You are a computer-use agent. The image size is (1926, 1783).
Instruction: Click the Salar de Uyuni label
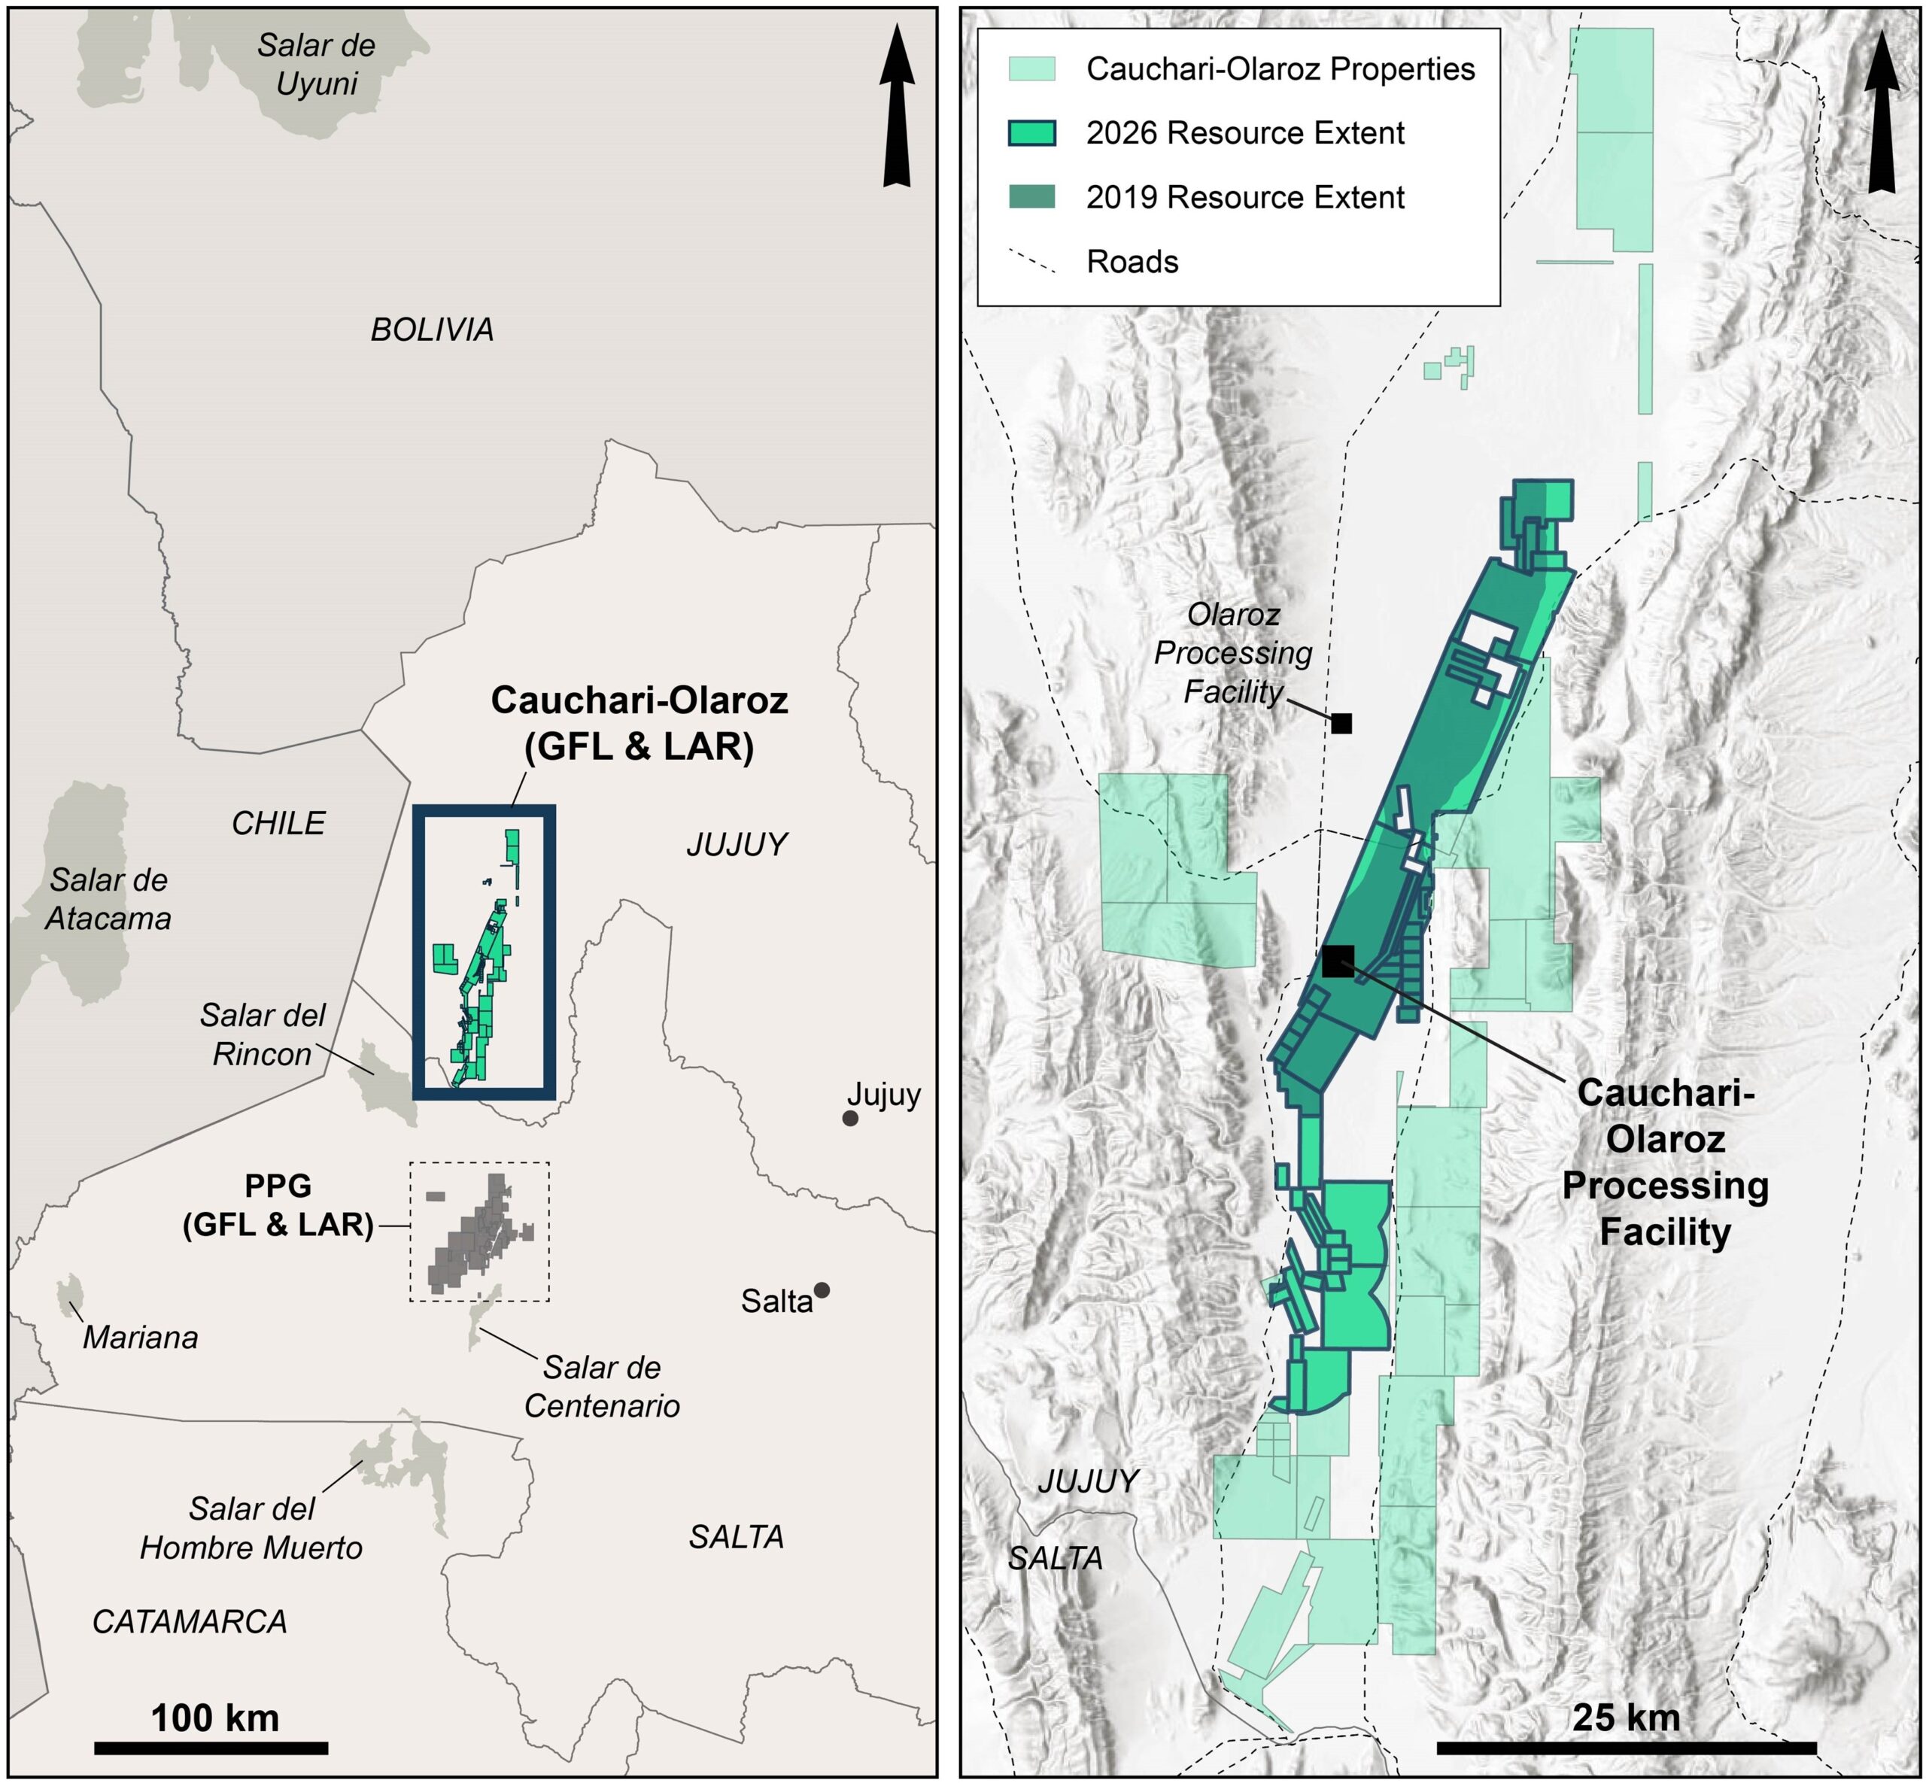pos(317,65)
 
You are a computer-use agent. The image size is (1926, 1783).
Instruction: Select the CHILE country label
pos(278,823)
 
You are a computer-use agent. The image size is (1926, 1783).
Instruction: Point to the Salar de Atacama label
pos(108,899)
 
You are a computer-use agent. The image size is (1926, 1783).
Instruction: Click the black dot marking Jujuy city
pos(850,1118)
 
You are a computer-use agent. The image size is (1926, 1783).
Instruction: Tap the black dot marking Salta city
pos(821,1290)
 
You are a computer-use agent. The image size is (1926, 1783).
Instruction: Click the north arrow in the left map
pos(897,106)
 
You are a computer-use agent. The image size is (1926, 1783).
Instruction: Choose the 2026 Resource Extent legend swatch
pos(1031,133)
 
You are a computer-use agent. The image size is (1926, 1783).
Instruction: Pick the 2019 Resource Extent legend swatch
pos(1031,197)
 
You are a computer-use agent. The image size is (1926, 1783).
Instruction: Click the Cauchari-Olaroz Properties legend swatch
pos(1031,68)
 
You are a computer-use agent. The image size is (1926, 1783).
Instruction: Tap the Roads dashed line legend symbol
pos(1031,262)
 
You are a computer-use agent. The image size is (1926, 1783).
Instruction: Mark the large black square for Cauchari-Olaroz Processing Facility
pos(1338,961)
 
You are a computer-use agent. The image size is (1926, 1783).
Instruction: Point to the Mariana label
pos(140,1338)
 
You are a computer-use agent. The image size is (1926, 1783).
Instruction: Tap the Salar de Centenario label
pos(602,1387)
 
